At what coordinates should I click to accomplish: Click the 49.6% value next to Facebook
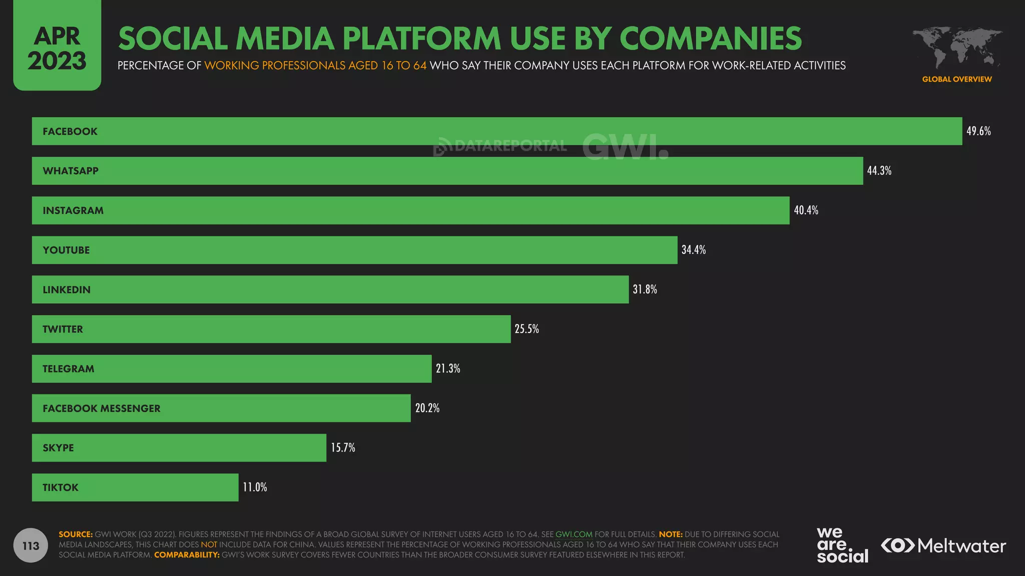tap(978, 131)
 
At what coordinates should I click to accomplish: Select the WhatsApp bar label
tap(71, 171)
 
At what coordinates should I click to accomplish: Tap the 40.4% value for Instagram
tap(806, 210)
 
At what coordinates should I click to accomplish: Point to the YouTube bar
tap(354, 250)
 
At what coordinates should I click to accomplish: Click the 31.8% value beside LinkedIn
tap(645, 289)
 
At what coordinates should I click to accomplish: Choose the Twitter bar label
tap(63, 329)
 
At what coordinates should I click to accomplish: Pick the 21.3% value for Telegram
tap(447, 368)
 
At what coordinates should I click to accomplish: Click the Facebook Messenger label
tap(102, 408)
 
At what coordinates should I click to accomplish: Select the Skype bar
tap(179, 447)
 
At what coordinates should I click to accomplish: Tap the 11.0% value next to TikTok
tap(255, 487)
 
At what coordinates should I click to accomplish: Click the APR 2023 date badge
tap(57, 48)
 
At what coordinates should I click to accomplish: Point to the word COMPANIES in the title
tap(710, 38)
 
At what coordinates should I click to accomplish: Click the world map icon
tap(957, 47)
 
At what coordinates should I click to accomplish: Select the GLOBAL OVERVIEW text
tap(956, 79)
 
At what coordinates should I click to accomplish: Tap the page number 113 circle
tap(31, 545)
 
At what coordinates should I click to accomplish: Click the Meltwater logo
tap(943, 545)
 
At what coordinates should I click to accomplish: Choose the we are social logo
tap(842, 545)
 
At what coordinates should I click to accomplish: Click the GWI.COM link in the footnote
tap(574, 534)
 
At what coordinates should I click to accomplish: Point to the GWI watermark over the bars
tap(625, 146)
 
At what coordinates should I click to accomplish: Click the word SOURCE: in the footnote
tap(76, 534)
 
